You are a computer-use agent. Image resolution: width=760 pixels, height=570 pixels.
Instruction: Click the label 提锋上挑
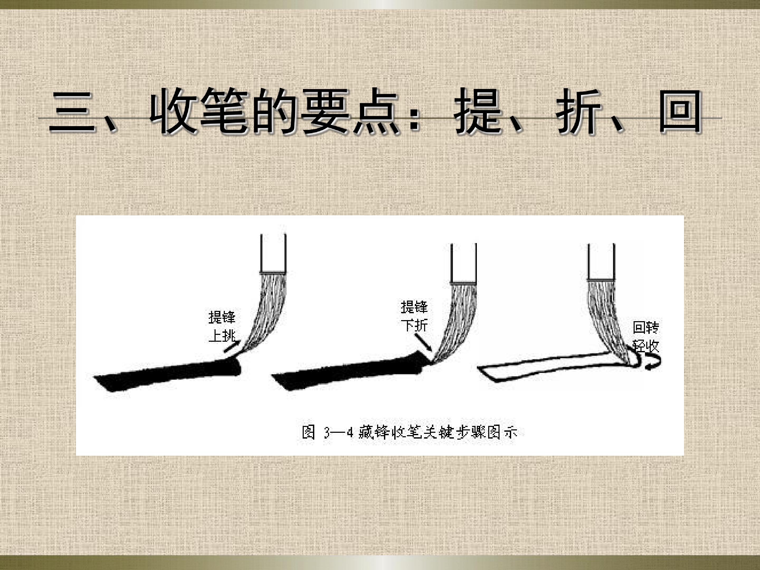click(x=222, y=327)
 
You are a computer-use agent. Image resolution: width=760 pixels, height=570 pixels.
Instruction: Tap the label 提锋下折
click(x=414, y=316)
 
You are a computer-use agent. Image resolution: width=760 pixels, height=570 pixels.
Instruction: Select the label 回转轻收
click(x=646, y=337)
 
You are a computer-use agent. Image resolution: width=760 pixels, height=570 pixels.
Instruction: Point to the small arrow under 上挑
click(x=232, y=346)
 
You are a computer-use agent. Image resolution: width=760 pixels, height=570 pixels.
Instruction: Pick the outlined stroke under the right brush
click(x=550, y=367)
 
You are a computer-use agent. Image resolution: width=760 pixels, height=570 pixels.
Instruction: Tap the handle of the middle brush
click(x=463, y=263)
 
